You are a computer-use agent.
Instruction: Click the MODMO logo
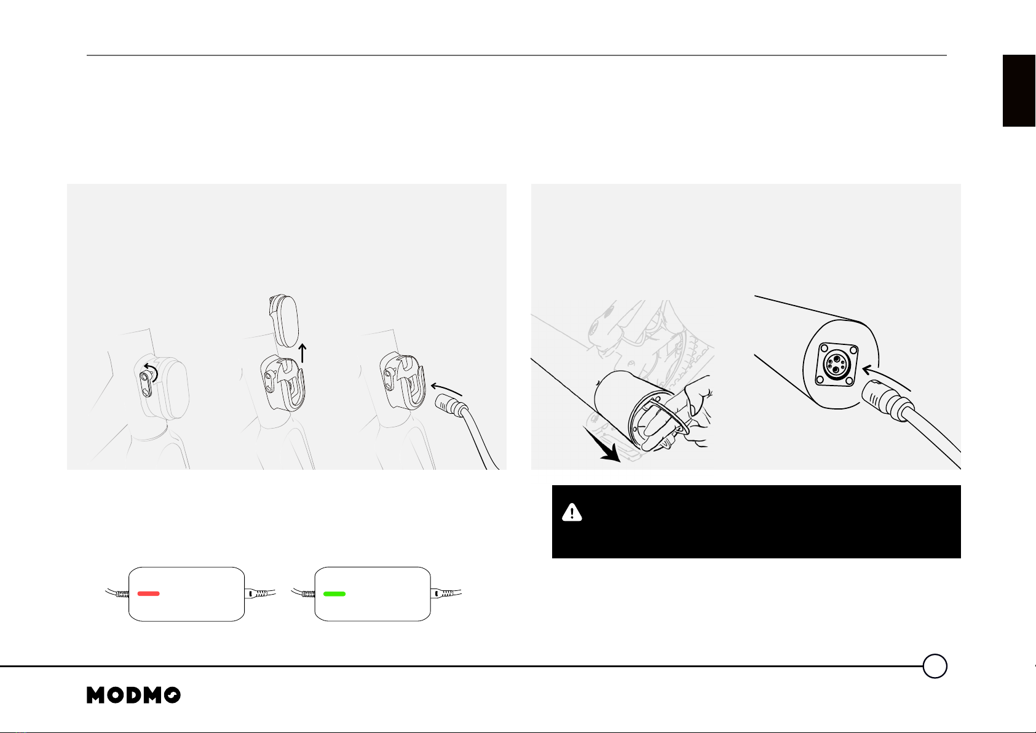(x=133, y=695)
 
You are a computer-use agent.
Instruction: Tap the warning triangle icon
(x=572, y=512)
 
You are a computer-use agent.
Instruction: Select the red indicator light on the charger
(x=148, y=593)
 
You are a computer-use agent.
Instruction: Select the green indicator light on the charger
(x=334, y=594)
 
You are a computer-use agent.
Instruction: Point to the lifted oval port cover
(x=284, y=320)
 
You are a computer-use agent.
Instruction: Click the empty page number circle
(x=935, y=666)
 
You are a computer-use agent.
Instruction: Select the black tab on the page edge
(x=1019, y=90)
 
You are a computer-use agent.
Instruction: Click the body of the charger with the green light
(x=373, y=594)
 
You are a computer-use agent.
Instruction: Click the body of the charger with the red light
(x=186, y=594)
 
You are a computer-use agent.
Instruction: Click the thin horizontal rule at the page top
(x=516, y=55)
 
